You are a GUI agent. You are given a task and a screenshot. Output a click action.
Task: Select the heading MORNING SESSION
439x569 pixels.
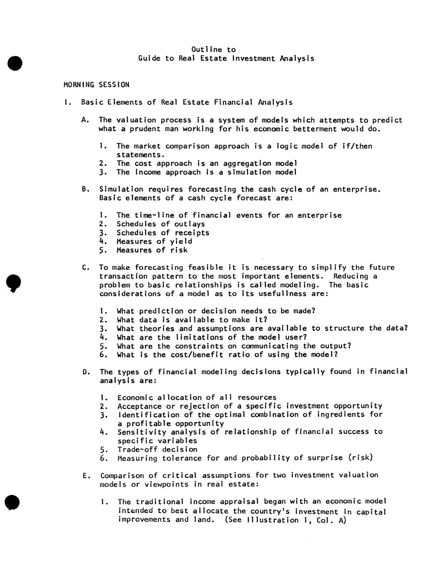(x=96, y=85)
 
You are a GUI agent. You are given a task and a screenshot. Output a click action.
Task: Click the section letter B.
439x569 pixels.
(x=85, y=189)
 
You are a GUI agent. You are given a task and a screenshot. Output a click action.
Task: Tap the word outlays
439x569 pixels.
(x=190, y=224)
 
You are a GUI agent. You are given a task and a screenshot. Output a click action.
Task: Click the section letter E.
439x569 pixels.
(x=86, y=475)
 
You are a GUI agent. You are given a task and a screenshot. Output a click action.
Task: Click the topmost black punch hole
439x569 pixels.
(x=14, y=63)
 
